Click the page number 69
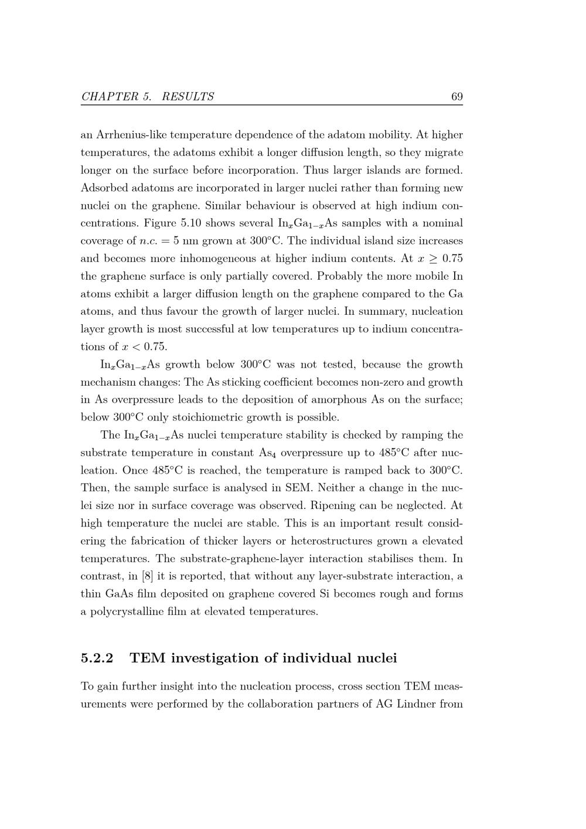(457, 97)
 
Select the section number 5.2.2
(97, 658)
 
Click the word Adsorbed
(104, 188)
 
